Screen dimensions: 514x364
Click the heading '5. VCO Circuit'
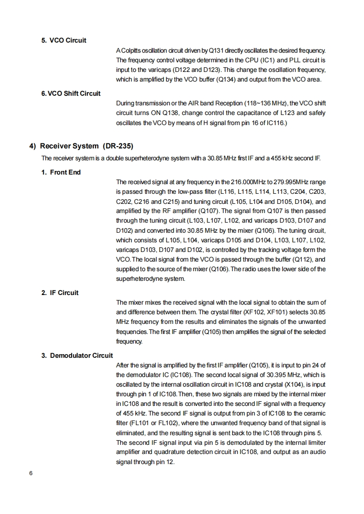64,40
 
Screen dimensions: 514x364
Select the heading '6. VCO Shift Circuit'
71,93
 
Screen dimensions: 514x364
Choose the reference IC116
275,122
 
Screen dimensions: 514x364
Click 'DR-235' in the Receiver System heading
118,146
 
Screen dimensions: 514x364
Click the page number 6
31,474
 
